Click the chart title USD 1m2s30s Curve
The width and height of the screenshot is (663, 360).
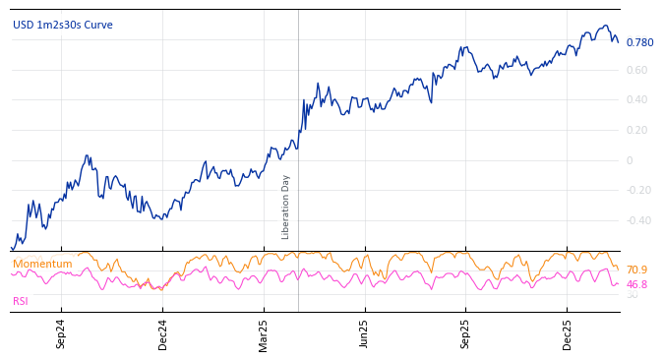point(63,26)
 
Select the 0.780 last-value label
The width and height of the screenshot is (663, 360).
point(639,43)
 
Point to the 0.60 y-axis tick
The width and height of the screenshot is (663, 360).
point(636,70)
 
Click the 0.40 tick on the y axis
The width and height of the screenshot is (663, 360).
point(636,100)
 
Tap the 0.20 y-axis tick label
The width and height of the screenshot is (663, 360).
point(636,130)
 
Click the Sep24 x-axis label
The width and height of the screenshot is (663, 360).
point(61,333)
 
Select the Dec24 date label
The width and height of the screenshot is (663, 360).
point(163,333)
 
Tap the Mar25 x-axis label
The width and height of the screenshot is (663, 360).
point(264,333)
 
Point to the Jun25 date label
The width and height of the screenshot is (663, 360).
point(365,333)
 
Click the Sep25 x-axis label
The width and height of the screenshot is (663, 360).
point(466,333)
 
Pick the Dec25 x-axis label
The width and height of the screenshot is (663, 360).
point(568,333)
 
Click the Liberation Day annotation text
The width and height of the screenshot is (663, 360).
point(286,207)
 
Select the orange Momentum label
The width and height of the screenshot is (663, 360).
point(42,265)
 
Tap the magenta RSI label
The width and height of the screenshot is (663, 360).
point(21,301)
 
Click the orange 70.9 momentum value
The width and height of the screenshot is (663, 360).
point(636,270)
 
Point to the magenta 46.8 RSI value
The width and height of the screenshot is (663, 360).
point(636,284)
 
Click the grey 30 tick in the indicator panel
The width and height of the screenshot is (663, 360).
point(632,295)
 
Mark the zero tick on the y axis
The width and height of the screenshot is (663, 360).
point(630,160)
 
